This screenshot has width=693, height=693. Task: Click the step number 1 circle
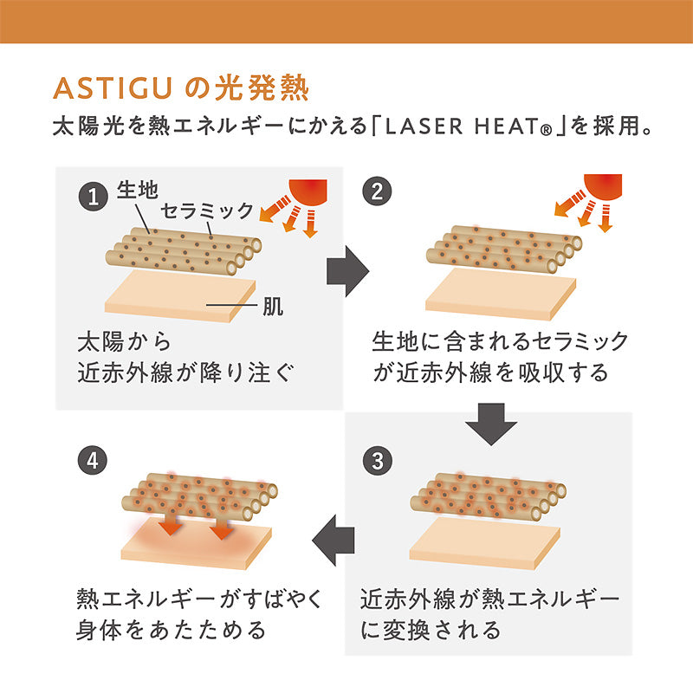pos(94,197)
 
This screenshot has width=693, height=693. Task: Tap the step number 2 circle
pos(377,191)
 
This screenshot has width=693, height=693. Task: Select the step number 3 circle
pos(377,461)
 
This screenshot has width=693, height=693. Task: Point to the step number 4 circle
pos(93,460)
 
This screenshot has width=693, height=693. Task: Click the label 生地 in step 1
pos(138,191)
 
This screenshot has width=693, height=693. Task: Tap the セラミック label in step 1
pos(207,210)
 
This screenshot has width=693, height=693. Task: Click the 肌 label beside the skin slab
pos(273,306)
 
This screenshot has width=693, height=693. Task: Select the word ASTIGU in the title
pos(113,88)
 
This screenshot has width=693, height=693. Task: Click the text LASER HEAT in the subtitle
pos(463,126)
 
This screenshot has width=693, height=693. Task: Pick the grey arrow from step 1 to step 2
pos(348,271)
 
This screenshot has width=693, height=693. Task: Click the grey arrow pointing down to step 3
pos(491,424)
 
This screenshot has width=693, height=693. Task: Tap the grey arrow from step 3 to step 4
pos(334,540)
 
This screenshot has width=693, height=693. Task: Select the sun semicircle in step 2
pos(603,186)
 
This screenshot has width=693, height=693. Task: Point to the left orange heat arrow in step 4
pos(171,524)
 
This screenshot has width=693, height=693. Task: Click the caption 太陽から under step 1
pos(124,342)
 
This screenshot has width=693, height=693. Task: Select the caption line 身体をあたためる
pos(171,630)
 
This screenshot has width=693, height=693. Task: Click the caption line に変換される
pos(431,630)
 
